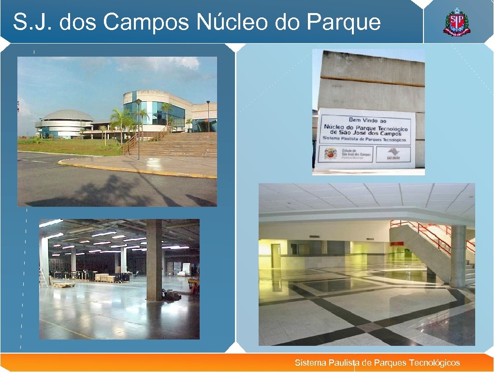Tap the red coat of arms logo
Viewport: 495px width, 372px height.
click(456, 23)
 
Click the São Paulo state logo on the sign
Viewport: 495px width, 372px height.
click(393, 154)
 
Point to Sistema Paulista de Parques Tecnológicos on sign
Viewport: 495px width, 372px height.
click(366, 139)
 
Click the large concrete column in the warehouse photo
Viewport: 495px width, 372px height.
click(154, 259)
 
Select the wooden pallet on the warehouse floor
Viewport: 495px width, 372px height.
click(64, 285)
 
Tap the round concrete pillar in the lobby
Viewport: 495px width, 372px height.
click(458, 256)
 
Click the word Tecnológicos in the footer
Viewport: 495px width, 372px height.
click(434, 363)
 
